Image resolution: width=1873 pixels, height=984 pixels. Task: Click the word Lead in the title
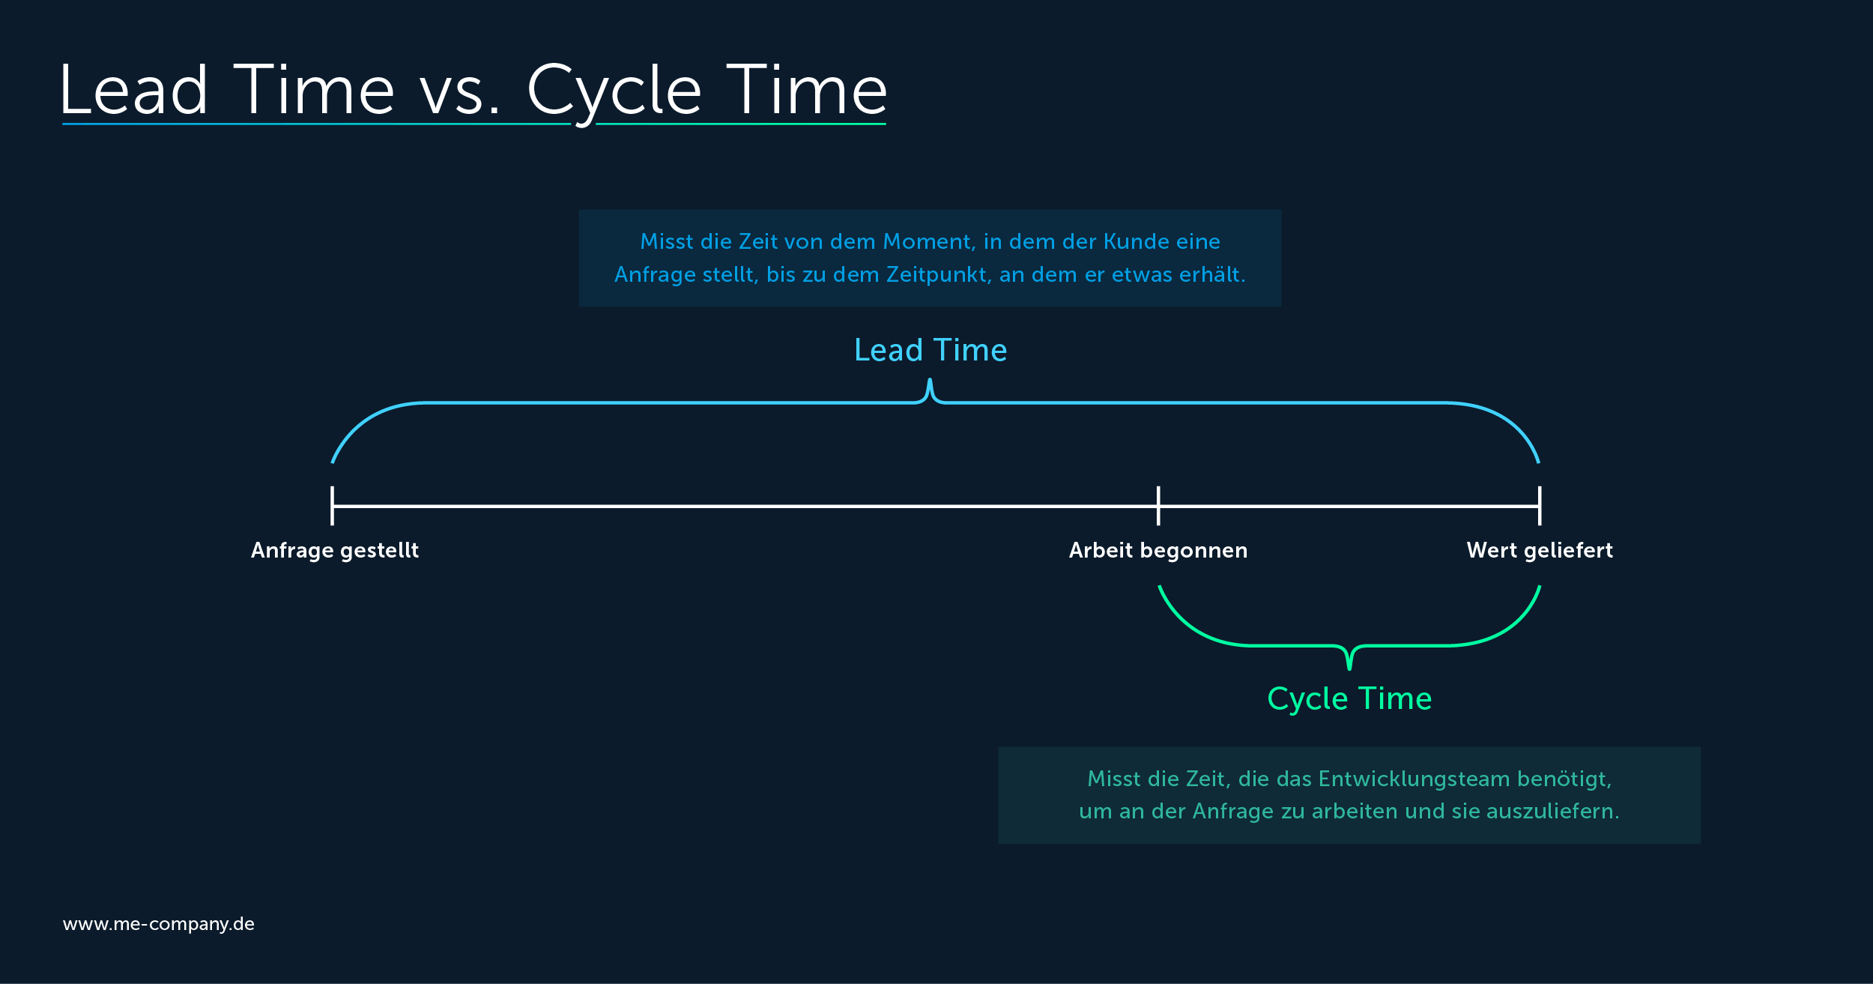tap(134, 90)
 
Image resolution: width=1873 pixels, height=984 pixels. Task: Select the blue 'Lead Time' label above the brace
tap(931, 350)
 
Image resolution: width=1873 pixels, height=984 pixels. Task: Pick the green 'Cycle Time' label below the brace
tap(1349, 699)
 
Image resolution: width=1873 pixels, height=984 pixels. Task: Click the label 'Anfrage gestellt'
tap(335, 551)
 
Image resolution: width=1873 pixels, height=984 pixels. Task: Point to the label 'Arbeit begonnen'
tap(1158, 551)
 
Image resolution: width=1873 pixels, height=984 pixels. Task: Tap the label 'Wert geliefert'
tap(1540, 551)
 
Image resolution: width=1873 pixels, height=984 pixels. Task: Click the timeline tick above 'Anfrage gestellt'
tap(332, 506)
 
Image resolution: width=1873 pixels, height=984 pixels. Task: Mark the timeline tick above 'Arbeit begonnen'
tap(1158, 506)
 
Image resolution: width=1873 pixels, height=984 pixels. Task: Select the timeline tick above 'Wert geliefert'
tap(1540, 506)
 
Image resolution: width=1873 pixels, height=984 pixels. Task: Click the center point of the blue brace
tap(930, 381)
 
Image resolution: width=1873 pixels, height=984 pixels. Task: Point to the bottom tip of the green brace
tap(1349, 669)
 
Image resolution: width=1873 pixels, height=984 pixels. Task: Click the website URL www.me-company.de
tap(159, 924)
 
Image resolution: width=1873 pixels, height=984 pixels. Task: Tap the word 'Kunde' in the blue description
tap(1136, 241)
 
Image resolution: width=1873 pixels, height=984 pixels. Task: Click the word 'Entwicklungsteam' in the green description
tap(1414, 779)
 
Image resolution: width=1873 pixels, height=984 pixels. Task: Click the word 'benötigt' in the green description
tap(1564, 779)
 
